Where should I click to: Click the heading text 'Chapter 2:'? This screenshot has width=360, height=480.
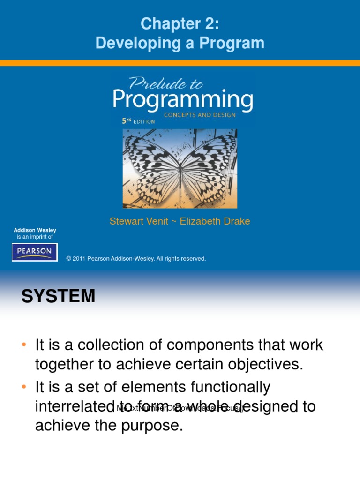point(180,23)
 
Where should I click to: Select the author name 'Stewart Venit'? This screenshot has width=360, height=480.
point(139,221)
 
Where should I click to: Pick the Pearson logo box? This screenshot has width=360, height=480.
point(35,252)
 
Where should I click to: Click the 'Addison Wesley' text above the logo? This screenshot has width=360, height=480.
point(35,230)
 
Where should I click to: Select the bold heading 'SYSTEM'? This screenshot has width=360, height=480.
point(58,296)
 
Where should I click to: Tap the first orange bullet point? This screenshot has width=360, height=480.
point(23,345)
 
